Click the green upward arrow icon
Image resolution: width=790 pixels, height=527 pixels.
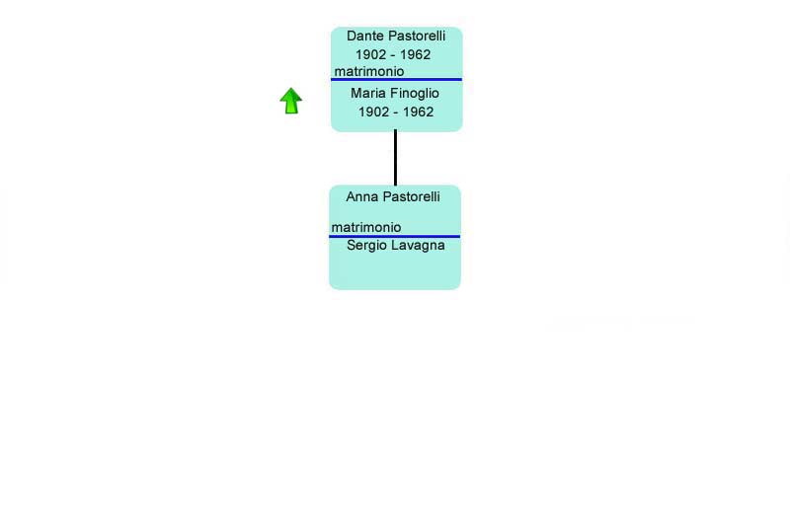[291, 101]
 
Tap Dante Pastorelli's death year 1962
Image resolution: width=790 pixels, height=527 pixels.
[415, 54]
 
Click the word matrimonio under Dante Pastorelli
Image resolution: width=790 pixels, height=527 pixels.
[369, 71]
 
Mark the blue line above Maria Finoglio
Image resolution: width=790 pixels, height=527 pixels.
[396, 80]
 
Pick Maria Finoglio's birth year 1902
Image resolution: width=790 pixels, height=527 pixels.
[374, 112]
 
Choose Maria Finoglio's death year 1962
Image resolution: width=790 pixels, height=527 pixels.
[418, 112]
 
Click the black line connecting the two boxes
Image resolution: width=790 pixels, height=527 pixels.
[396, 158]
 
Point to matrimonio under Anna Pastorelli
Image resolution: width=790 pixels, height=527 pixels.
[366, 228]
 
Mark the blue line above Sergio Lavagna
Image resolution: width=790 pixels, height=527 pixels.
[394, 236]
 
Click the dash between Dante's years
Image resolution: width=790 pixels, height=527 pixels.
[393, 55]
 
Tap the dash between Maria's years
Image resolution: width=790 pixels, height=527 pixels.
[396, 113]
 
